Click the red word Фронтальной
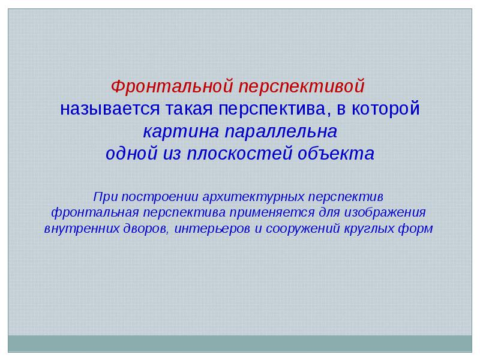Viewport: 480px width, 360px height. pos(172,86)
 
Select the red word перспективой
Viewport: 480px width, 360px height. pos(302,87)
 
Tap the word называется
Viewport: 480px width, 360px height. pos(110,110)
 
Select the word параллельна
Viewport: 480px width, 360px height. pos(281,131)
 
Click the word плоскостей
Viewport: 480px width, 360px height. pos(239,154)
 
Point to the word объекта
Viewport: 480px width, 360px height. pos(336,154)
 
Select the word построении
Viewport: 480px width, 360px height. pos(160,197)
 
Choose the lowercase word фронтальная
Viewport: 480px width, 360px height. pos(95,213)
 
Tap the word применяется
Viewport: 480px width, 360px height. pos(272,213)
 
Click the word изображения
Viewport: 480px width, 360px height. pos(385,213)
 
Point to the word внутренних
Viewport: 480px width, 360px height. pos(82,229)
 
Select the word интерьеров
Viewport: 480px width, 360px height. pos(212,229)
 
